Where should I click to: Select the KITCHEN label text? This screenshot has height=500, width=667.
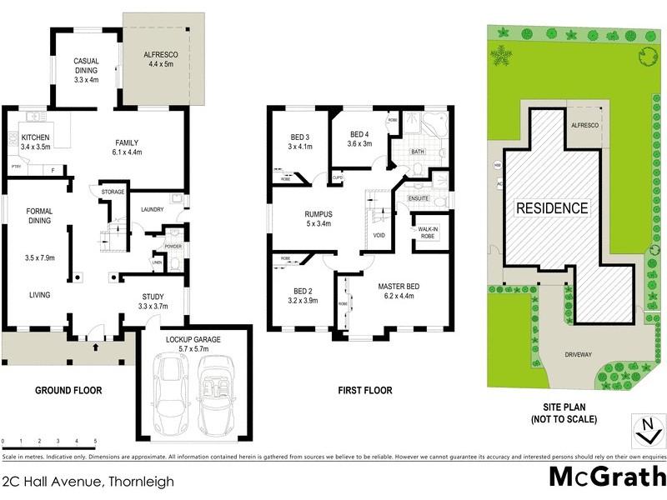click(x=35, y=137)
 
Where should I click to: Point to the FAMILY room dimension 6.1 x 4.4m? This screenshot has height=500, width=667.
click(x=127, y=152)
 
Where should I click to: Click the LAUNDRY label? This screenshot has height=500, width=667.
click(x=152, y=209)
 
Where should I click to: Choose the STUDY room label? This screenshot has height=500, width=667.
click(x=153, y=296)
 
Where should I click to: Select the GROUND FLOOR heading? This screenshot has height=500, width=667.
click(x=68, y=390)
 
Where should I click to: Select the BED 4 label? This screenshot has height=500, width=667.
click(x=359, y=134)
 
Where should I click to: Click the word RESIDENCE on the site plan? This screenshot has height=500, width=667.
click(x=551, y=208)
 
